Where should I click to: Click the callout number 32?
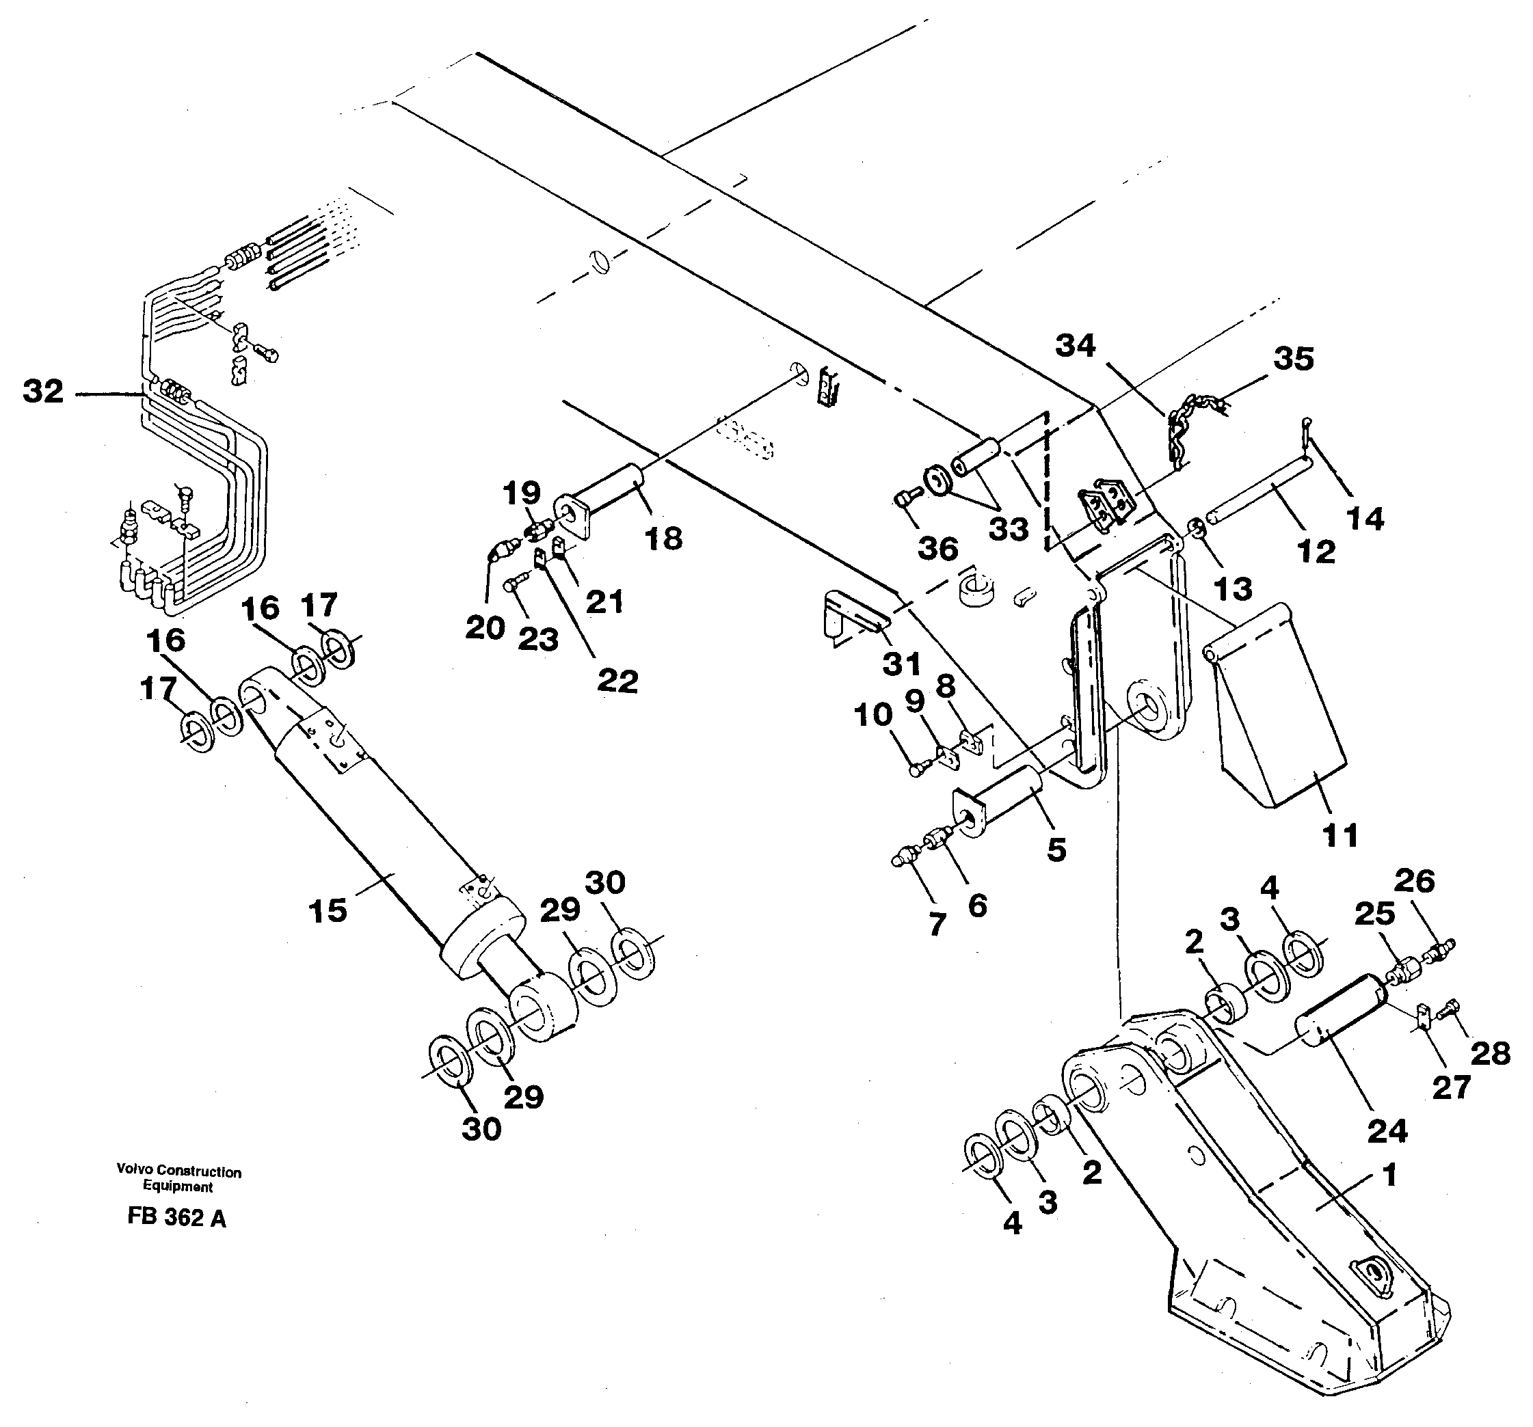point(42,391)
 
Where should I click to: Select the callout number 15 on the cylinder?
point(328,910)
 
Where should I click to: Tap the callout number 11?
point(1339,835)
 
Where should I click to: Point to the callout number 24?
point(1387,1132)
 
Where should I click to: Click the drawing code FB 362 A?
point(176,1217)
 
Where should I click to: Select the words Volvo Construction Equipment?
point(178,1179)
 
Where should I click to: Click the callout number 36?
point(938,549)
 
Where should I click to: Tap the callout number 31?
point(901,664)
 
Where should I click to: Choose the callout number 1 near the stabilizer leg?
point(1389,1175)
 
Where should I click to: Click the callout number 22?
point(617,681)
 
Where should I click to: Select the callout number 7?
point(936,923)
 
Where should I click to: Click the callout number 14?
point(1365,518)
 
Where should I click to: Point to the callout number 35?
point(1293,359)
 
